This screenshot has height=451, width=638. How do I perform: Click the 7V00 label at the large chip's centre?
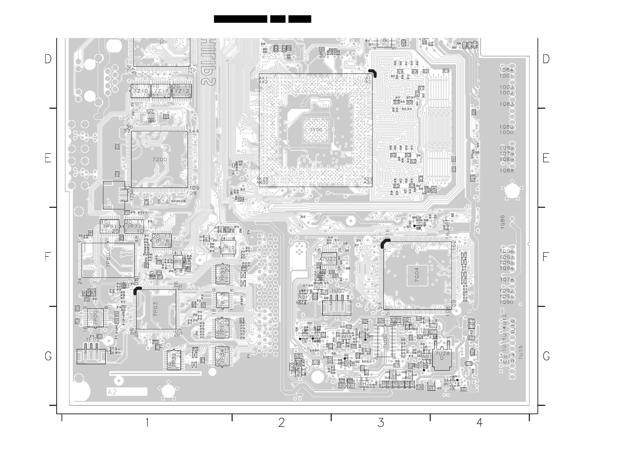coord(316,130)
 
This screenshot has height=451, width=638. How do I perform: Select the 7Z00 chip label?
coord(160,160)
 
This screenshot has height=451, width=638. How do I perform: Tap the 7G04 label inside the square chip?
coord(417,275)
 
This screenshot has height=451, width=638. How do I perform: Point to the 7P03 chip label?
coord(156,309)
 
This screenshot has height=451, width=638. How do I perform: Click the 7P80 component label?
coord(108,260)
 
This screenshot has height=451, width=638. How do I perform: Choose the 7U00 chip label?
coord(385,341)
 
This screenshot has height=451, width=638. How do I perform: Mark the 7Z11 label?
coord(161,91)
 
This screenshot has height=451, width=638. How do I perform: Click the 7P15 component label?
coord(228,247)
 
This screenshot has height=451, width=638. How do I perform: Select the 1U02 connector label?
coord(338,291)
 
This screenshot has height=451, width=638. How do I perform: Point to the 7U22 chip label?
coord(329,259)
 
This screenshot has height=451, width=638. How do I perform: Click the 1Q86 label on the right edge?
coord(502,222)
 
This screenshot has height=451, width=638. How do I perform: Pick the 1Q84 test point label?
coord(506,70)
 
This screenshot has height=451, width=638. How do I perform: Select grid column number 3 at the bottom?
coord(380,423)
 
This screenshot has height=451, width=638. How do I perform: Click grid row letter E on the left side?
coord(48,158)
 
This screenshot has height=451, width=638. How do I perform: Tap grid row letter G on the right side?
coord(546,356)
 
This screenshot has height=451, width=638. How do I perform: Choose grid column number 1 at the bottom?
coord(147,423)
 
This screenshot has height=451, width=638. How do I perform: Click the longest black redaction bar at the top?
coord(240,19)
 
